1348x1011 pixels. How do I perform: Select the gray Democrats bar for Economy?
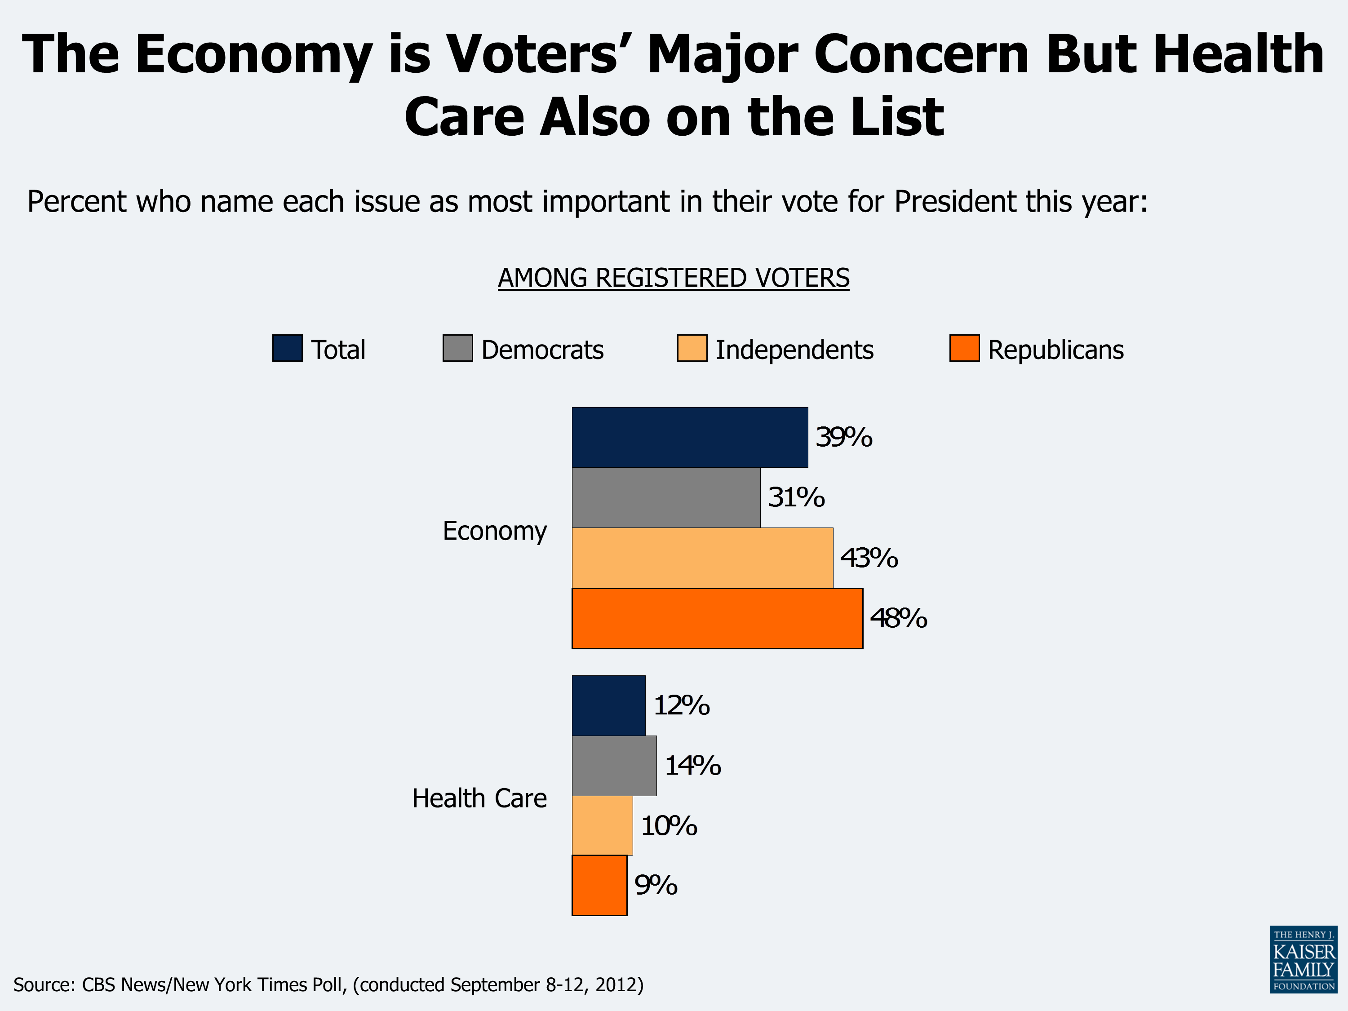tap(665, 497)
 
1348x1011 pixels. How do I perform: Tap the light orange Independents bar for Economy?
tap(702, 558)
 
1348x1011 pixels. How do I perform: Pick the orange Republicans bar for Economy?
tap(717, 618)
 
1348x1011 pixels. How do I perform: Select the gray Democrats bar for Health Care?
tap(614, 765)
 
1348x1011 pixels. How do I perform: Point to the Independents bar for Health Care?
tap(602, 825)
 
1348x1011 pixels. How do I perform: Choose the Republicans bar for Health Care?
tap(599, 885)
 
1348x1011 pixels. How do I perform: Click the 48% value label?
tap(898, 618)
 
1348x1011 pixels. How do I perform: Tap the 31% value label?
tap(795, 497)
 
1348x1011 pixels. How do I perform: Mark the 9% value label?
tap(655, 885)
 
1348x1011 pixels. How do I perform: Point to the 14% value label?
tap(692, 765)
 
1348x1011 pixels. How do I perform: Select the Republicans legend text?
tap(1055, 350)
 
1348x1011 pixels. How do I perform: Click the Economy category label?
tap(494, 531)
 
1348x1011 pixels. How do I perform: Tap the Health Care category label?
tap(479, 798)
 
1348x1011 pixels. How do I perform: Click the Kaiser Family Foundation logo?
tap(1303, 959)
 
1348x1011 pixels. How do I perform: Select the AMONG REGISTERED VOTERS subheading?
tap(674, 278)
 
